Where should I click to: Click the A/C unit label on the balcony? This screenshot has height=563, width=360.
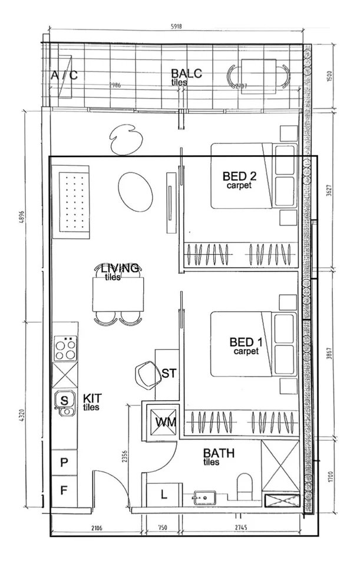(64, 75)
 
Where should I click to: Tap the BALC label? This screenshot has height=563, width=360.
(186, 74)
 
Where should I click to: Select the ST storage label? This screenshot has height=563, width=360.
(169, 373)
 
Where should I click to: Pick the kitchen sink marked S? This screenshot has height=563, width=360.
(65, 401)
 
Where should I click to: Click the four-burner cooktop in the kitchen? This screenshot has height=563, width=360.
(65, 349)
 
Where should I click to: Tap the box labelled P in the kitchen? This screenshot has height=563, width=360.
(65, 462)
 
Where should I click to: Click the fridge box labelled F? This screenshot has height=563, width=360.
(65, 490)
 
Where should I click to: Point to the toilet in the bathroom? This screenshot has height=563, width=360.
(243, 489)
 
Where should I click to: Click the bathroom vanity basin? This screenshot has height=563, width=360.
(204, 497)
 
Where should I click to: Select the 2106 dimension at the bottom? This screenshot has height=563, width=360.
(97, 528)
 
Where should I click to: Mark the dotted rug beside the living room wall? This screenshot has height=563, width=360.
(72, 198)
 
